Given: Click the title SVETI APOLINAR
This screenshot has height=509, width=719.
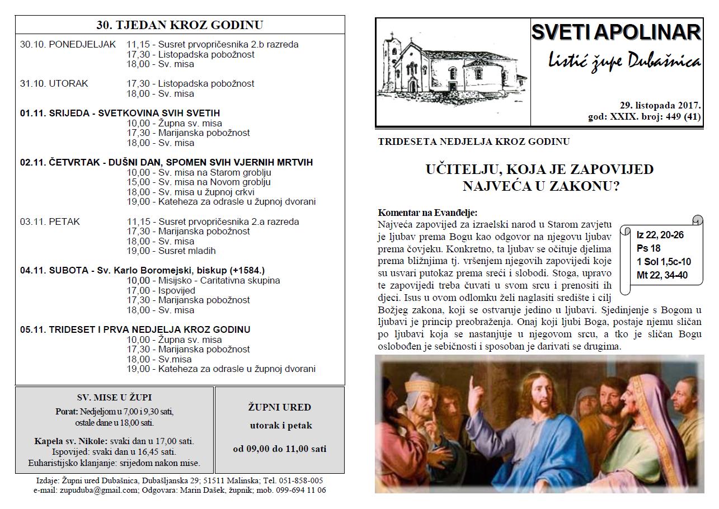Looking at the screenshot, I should [616, 32].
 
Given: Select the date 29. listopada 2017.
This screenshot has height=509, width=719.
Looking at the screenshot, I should [660, 105].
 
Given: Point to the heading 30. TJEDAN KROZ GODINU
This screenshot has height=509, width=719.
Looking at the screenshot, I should [180, 25].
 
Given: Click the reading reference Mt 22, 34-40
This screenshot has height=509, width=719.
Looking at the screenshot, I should [662, 275].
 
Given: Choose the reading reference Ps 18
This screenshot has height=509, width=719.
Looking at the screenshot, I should [648, 248].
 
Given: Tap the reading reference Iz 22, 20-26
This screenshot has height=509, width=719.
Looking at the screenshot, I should [660, 235].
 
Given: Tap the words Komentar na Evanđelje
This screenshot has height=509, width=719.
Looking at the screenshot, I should [427, 213].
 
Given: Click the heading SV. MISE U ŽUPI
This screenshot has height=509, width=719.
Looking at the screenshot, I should [114, 398].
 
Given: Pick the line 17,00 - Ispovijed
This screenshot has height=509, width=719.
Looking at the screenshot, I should [161, 290].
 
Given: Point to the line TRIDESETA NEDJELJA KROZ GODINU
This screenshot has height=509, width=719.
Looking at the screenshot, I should [473, 142].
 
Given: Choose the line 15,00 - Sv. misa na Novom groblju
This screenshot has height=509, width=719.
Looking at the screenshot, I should [199, 182].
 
